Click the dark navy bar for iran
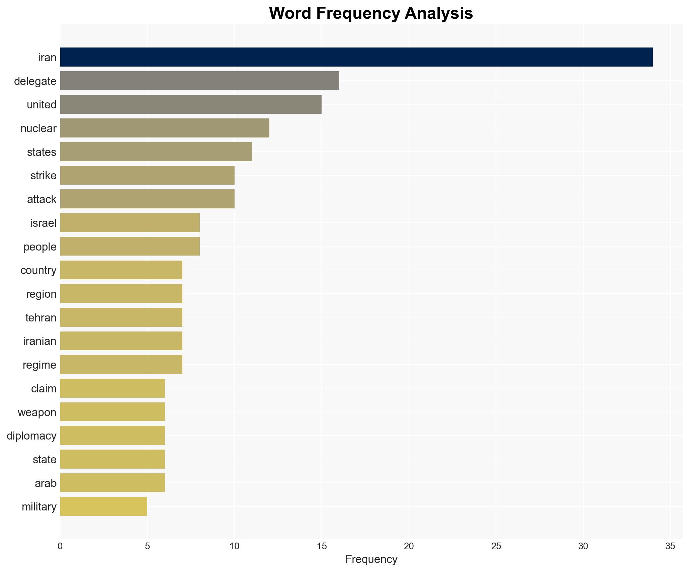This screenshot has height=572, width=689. (356, 57)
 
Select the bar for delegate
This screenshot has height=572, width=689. (199, 81)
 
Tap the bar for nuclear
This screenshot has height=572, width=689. (165, 128)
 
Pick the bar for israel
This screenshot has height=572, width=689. (130, 223)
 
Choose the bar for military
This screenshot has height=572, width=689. (104, 507)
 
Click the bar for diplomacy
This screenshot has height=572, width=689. (112, 436)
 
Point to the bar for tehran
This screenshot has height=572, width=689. (121, 317)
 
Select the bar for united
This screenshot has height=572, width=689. (191, 104)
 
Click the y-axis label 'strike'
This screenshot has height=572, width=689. (43, 176)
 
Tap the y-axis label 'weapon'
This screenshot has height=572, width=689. (37, 412)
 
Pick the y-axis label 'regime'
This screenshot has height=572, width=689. (39, 365)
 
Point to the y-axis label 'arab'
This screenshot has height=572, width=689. (46, 483)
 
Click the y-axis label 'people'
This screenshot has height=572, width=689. (40, 247)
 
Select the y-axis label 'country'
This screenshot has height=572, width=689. (38, 270)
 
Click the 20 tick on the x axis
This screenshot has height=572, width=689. (409, 547)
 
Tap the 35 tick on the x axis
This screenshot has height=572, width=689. (670, 547)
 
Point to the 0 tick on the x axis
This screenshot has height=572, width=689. (60, 547)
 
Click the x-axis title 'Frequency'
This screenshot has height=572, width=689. (371, 559)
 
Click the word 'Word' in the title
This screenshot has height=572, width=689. (290, 13)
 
